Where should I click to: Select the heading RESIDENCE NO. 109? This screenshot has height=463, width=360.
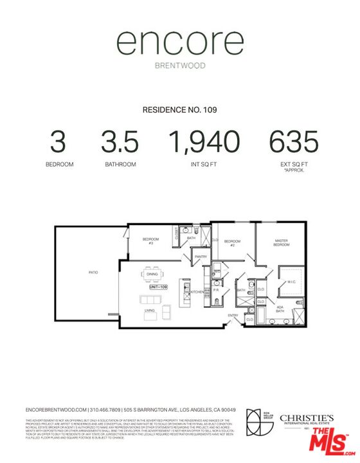tap(179, 110)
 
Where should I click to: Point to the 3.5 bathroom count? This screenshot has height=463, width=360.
tap(120, 141)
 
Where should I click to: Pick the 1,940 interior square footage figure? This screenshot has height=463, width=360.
tap(204, 141)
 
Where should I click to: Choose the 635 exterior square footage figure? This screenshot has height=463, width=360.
tap(293, 141)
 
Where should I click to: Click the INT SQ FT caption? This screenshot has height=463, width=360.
tap(204, 165)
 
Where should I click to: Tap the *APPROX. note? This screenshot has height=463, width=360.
tap(293, 170)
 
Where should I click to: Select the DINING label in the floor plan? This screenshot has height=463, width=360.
tap(152, 275)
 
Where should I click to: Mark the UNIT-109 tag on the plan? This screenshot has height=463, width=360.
tap(158, 287)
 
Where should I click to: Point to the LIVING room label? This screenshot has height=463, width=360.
tap(150, 311)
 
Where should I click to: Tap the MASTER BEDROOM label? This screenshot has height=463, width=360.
tap(282, 242)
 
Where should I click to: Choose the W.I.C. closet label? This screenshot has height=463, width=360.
tap(290, 280)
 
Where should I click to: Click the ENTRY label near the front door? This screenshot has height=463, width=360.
tap(233, 315)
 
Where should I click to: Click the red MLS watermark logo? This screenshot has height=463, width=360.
tap(330, 442)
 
